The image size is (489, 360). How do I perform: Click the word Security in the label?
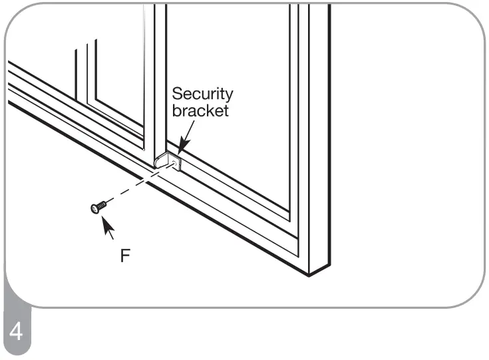[203, 94]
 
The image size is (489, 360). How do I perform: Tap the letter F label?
[126, 256]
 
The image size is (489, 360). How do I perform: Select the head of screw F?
[94, 210]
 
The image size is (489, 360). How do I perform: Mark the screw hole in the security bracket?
[175, 164]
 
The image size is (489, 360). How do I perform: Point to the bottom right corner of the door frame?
[309, 273]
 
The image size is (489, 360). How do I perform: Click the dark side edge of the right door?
[320, 133]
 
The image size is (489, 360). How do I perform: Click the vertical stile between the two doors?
[160, 80]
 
